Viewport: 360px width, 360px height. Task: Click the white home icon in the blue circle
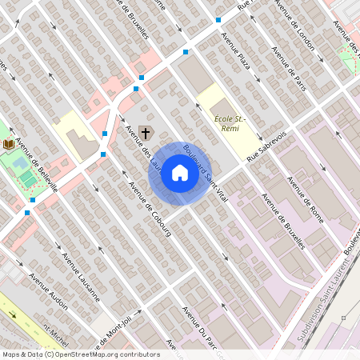(x=179, y=172)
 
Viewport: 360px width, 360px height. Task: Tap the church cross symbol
(x=145, y=132)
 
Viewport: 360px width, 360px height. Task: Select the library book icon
(x=9, y=144)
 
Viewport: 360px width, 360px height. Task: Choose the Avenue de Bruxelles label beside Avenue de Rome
(x=284, y=226)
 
